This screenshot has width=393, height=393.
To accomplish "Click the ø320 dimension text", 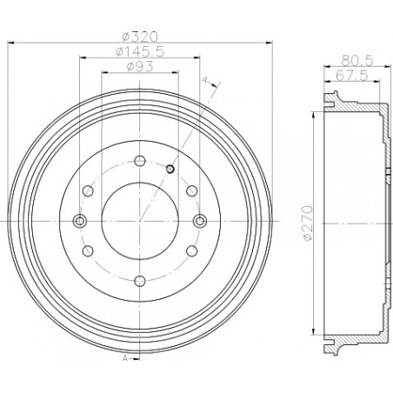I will (x=140, y=37).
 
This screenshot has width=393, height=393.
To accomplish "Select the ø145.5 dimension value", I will (x=140, y=51).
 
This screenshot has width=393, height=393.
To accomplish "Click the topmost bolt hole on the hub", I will (x=139, y=159).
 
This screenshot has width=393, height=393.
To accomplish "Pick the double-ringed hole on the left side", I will (x=79, y=220).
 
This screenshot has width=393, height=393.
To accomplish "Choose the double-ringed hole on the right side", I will (x=199, y=220).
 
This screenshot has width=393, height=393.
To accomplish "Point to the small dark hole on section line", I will (x=170, y=168).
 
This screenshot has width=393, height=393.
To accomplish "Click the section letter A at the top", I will (x=204, y=81).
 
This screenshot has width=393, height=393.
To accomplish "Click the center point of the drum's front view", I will (x=139, y=220).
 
